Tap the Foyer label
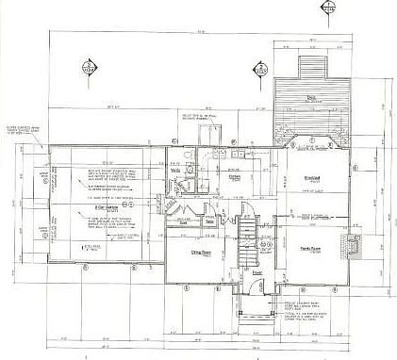[x=256, y=274]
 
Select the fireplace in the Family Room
[x=353, y=246]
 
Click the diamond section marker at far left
[x=90, y=68]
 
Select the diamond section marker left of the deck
[x=260, y=68]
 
